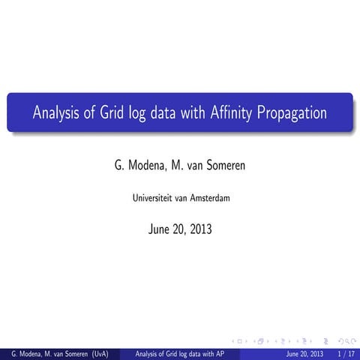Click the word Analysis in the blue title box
pyautogui.click(x=58, y=114)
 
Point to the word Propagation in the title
pyautogui.click(x=292, y=114)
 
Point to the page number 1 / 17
pyautogui.click(x=346, y=352)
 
